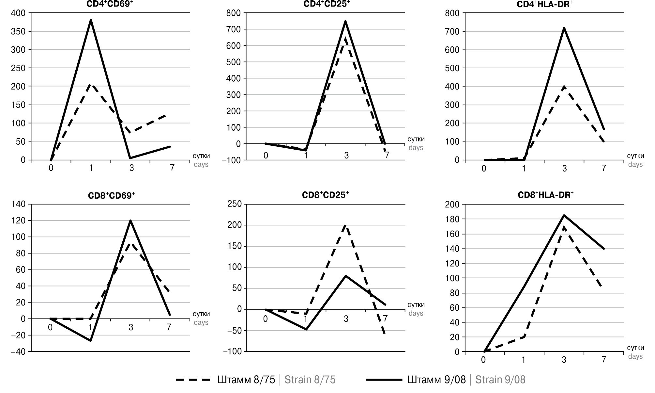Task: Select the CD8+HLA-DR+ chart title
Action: click(x=545, y=195)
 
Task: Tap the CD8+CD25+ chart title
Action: click(x=325, y=195)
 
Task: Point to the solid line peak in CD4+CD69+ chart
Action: click(x=91, y=20)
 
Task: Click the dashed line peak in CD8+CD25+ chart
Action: click(x=345, y=225)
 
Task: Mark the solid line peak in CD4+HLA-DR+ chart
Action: click(x=564, y=28)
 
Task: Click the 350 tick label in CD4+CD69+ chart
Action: click(x=18, y=32)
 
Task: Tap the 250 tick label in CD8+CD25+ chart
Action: click(x=235, y=204)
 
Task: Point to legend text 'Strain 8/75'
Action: click(x=310, y=380)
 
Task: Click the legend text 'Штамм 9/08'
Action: click(x=436, y=380)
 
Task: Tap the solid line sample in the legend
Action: click(x=384, y=380)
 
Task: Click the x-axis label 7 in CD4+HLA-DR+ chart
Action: click(x=603, y=168)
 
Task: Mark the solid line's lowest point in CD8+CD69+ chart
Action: click(x=90, y=341)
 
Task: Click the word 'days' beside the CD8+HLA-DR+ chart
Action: click(x=635, y=356)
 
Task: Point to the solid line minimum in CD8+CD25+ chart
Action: click(x=306, y=329)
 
